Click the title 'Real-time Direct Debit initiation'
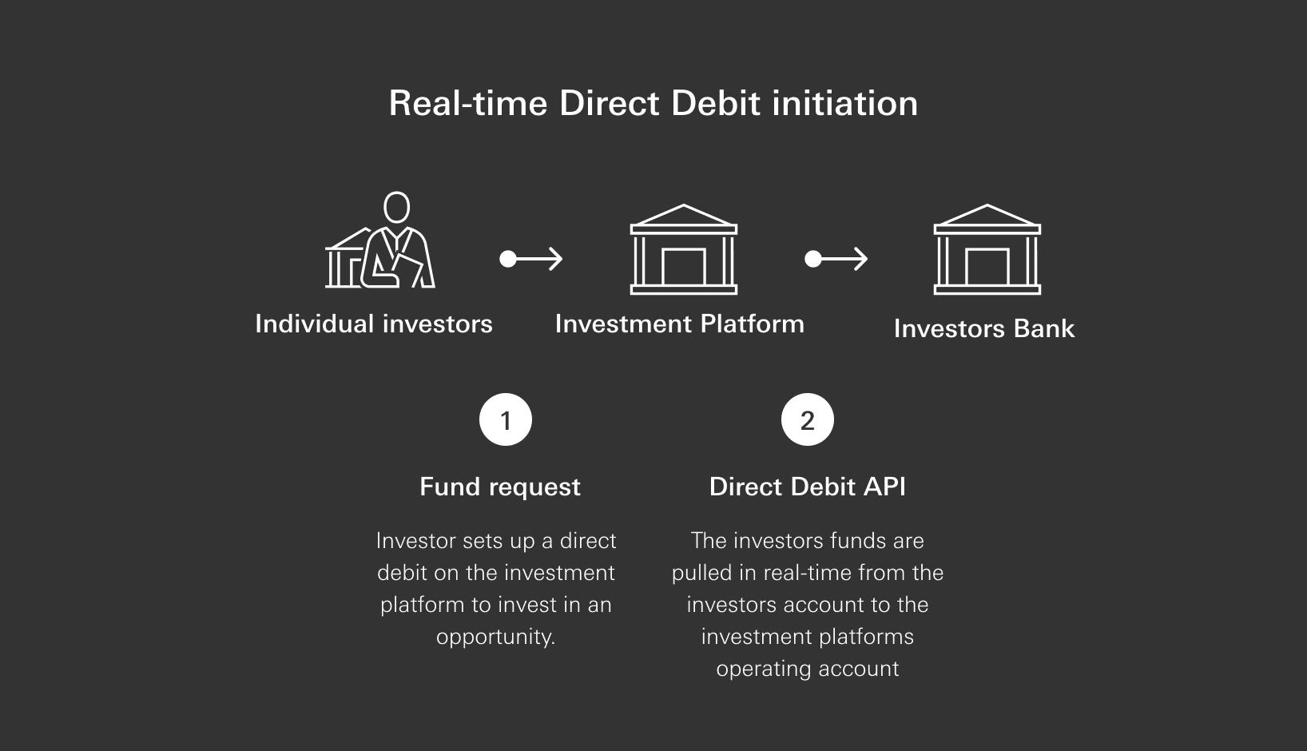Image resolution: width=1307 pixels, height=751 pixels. (653, 104)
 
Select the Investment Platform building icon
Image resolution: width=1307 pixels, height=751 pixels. (683, 250)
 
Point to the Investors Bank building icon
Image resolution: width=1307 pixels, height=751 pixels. (987, 250)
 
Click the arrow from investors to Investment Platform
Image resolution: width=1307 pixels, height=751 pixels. (531, 259)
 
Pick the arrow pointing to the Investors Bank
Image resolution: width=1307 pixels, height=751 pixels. (836, 259)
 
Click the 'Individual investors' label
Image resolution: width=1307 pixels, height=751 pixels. (373, 324)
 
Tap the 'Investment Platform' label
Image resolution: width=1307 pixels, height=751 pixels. (679, 324)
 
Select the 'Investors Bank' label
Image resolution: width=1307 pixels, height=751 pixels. (983, 329)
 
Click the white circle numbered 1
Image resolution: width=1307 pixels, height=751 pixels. (505, 420)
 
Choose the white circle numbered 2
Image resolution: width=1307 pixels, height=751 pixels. (807, 420)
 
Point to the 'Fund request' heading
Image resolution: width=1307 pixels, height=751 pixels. (500, 487)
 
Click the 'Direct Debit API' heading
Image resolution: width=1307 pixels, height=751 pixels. (807, 487)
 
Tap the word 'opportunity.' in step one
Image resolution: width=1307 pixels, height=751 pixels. (495, 638)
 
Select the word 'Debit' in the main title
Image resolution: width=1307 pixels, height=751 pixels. (717, 104)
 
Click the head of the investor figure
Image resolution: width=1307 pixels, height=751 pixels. (396, 207)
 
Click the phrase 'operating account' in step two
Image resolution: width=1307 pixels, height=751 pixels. (807, 670)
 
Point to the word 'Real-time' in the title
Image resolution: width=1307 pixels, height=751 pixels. (468, 104)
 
